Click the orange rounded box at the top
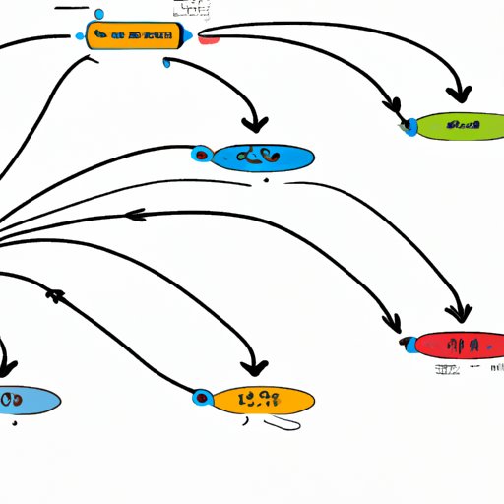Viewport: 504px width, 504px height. coord(135,36)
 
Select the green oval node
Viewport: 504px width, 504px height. coord(458,125)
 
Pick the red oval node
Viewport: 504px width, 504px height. coord(457,345)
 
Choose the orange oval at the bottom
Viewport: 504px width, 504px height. coord(262,399)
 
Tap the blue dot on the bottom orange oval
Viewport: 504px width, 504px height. coord(203,398)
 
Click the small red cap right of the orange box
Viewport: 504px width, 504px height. coord(208,38)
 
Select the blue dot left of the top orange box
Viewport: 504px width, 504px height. coord(80,36)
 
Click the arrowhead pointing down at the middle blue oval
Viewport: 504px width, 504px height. coord(256,125)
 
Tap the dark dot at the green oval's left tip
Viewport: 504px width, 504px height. coord(405,125)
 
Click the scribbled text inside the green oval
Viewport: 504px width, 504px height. coord(463,125)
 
